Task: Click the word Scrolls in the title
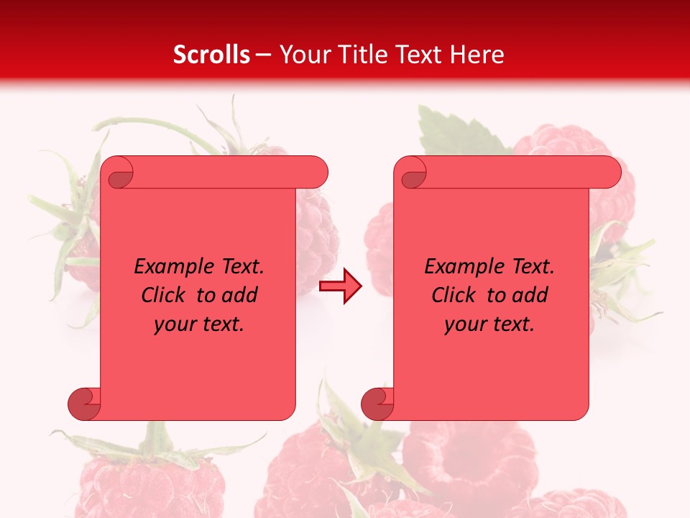[x=211, y=55]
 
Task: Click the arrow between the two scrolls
[x=340, y=286]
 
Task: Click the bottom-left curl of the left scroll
[x=84, y=404]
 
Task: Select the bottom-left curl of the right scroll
[x=377, y=404]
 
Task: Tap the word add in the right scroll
[x=530, y=296]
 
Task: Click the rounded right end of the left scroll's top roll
[x=317, y=172]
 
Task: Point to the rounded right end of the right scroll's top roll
[x=610, y=172]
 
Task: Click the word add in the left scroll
[x=240, y=296]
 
